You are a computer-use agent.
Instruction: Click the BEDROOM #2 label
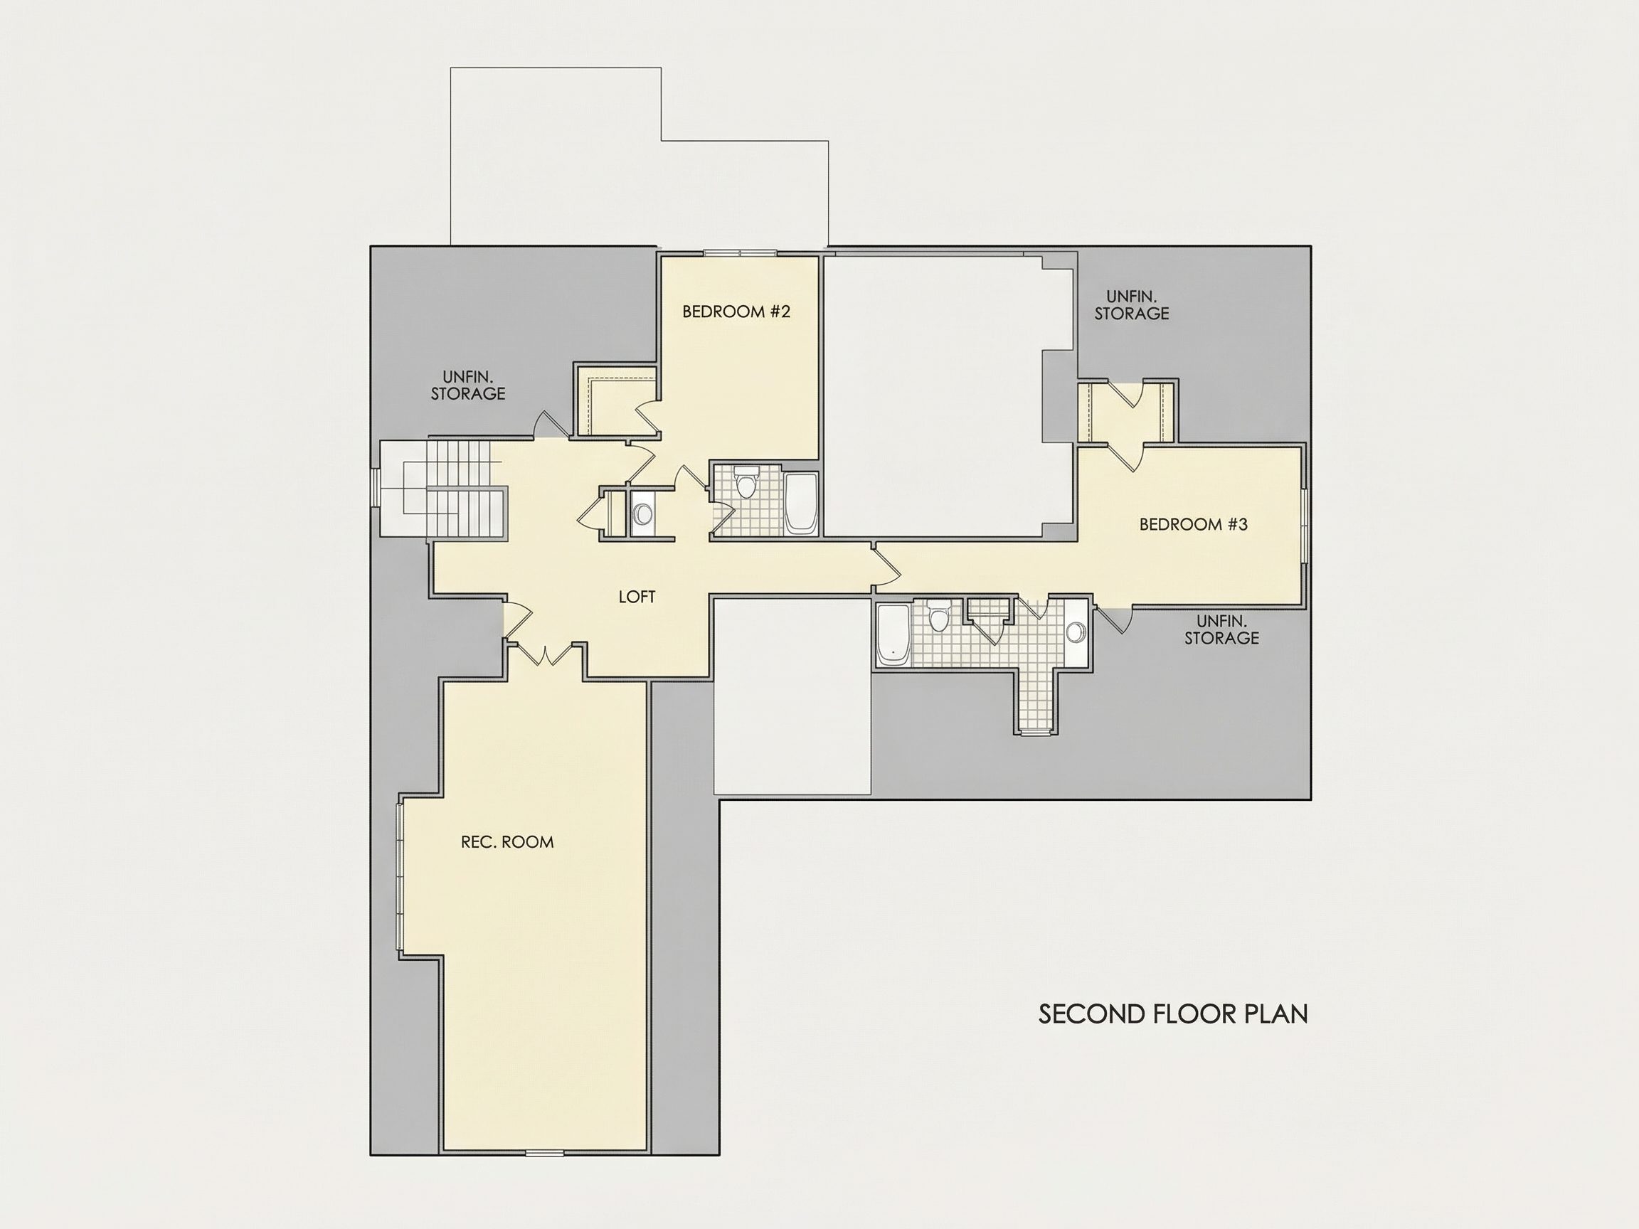coord(736,311)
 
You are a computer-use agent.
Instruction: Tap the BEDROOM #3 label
coord(1193,524)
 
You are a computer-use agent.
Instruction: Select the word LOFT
coord(637,596)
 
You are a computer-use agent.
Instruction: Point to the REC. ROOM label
coord(506,841)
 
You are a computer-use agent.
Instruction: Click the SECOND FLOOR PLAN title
coord(1173,1014)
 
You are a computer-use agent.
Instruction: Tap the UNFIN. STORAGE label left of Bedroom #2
coord(467,385)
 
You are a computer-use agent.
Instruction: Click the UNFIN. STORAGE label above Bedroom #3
coord(1132,305)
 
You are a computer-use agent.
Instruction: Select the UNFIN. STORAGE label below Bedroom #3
coord(1221,629)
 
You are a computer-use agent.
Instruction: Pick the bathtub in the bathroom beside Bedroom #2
coord(800,504)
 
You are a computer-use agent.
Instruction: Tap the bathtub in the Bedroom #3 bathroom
coord(893,635)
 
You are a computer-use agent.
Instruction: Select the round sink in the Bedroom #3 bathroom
coord(1075,632)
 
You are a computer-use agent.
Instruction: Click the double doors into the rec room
coord(545,653)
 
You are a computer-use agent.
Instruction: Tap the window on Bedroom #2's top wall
coord(740,253)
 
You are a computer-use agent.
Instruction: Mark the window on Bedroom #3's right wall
coord(1305,525)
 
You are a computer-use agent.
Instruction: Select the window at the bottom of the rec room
coord(545,1152)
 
